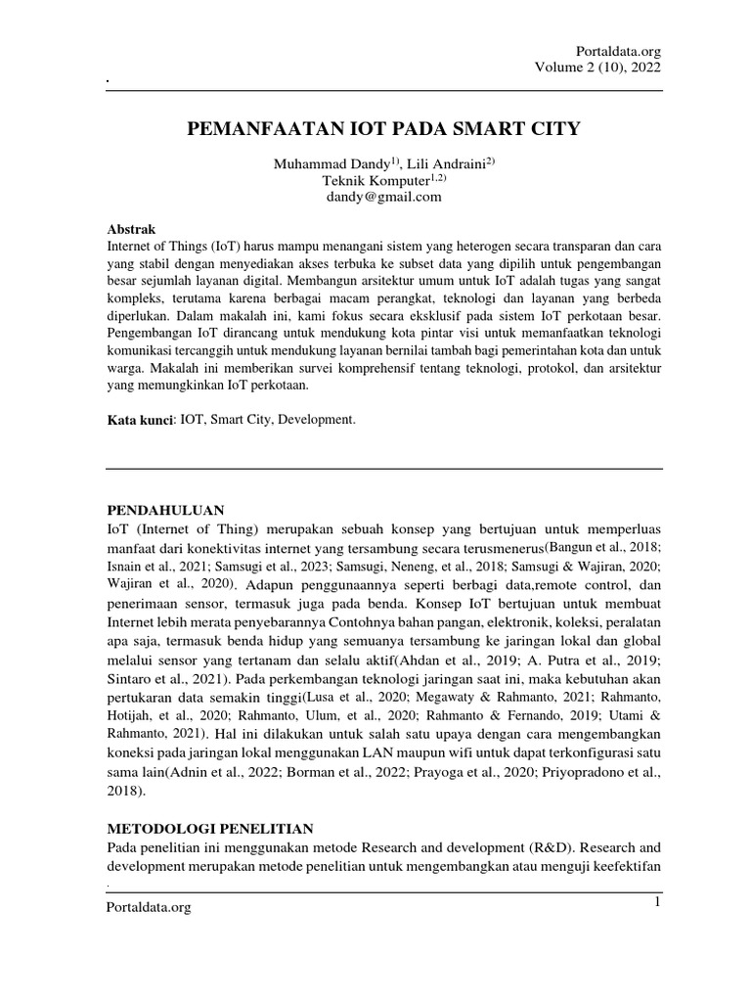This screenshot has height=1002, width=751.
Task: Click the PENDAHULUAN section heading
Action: point(165,511)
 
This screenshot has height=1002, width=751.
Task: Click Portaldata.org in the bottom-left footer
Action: point(149,908)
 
